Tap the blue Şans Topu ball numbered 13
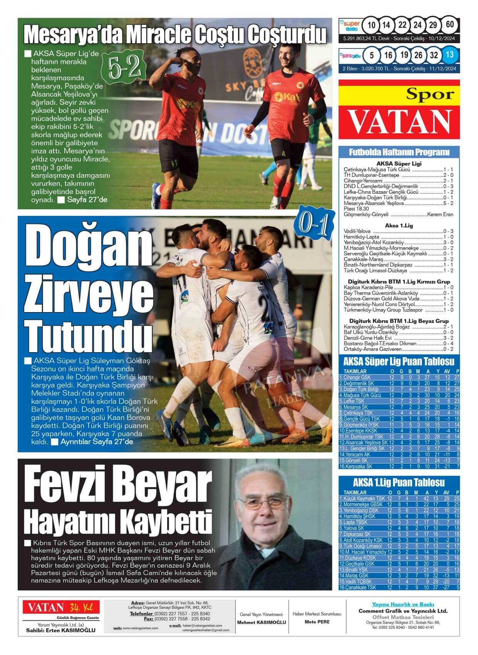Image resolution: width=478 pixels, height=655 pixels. pyautogui.click(x=449, y=55)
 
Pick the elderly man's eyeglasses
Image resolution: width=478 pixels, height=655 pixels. pyautogui.click(x=263, y=505)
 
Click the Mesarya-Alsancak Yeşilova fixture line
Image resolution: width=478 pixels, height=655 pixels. pyautogui.click(x=398, y=203)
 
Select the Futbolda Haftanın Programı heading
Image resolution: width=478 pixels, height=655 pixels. pyautogui.click(x=399, y=152)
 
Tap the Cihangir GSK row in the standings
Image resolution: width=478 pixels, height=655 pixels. pyautogui.click(x=399, y=377)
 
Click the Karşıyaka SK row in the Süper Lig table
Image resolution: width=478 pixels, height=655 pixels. pyautogui.click(x=399, y=467)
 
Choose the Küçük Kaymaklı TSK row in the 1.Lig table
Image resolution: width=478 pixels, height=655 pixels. pyautogui.click(x=399, y=499)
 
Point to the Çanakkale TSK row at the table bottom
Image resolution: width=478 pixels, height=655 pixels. pyautogui.click(x=399, y=588)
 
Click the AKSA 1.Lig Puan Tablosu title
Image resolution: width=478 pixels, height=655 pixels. pyautogui.click(x=399, y=482)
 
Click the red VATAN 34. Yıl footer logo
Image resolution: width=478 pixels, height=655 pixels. pyautogui.click(x=61, y=608)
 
